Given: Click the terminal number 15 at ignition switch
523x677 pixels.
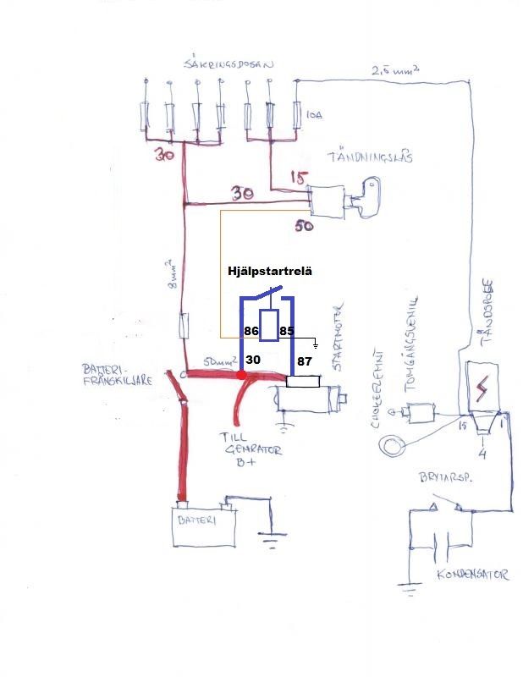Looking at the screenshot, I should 298,179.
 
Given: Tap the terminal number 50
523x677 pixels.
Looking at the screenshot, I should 304,226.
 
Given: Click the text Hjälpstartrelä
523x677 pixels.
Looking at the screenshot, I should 270,272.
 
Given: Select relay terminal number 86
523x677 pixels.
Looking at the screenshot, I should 250,332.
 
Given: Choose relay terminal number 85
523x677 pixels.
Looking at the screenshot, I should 287,332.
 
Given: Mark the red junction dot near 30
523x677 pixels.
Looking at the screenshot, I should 241,374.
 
